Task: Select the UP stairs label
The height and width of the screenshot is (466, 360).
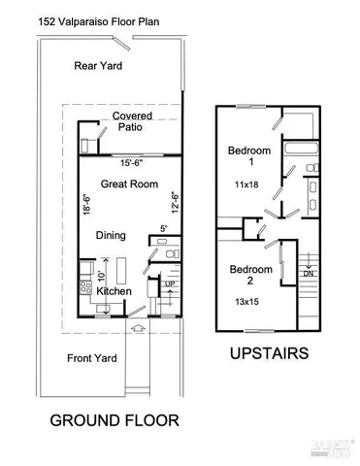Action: (x=169, y=283)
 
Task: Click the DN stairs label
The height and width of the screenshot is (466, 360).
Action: (x=308, y=274)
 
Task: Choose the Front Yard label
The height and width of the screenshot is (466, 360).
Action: (x=92, y=358)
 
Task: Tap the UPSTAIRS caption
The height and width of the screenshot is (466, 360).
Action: (x=270, y=354)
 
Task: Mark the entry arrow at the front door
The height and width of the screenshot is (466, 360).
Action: (x=139, y=328)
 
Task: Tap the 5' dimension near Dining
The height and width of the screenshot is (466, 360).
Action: (x=164, y=230)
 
